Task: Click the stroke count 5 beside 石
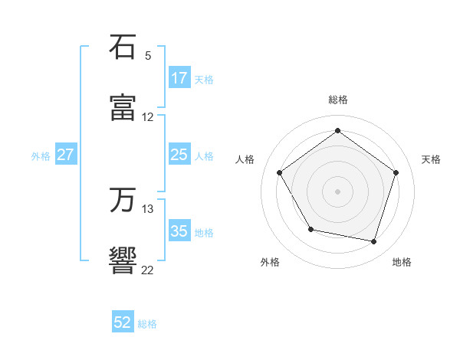[x=148, y=56]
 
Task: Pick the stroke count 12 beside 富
[x=148, y=117]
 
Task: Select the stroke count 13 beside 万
[x=148, y=209]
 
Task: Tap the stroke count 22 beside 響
[x=148, y=270]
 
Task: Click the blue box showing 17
[x=179, y=78]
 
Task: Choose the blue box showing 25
[x=179, y=155]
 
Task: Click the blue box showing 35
[x=179, y=231]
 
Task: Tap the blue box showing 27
[x=66, y=155]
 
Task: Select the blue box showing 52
[x=123, y=322]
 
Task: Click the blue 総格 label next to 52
[x=147, y=324]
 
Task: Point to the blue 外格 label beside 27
[x=41, y=155]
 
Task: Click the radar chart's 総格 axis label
[x=338, y=100]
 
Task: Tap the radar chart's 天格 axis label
[x=431, y=159]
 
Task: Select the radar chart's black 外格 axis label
[x=270, y=262]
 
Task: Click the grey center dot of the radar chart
[x=337, y=191]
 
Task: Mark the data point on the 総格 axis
[x=337, y=131]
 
